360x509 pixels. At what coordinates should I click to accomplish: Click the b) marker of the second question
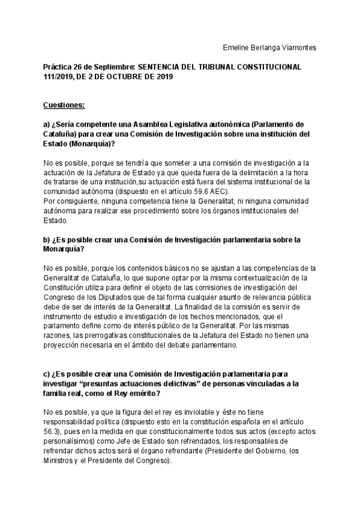click(x=47, y=239)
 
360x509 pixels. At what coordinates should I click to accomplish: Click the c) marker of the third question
click(x=47, y=373)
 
